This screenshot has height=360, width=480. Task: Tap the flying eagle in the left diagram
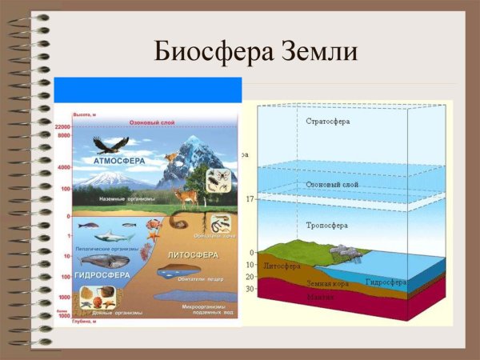110,144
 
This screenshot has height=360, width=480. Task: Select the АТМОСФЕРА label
119,160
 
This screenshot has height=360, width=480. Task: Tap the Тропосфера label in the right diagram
326,225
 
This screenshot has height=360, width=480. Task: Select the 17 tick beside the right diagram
250,198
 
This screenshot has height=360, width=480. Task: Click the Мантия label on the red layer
320,297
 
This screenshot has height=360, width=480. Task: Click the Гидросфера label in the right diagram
386,282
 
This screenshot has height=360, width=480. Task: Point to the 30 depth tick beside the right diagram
250,289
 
